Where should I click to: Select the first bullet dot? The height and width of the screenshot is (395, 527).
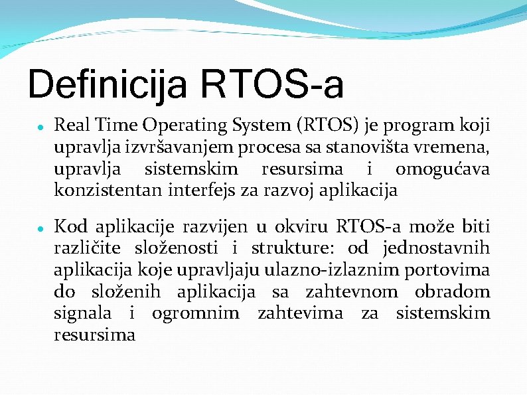(x=40, y=124)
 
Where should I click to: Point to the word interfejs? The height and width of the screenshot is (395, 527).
(x=200, y=191)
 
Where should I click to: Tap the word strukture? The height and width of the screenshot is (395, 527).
(x=288, y=249)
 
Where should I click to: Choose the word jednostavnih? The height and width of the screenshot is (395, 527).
(x=437, y=249)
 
